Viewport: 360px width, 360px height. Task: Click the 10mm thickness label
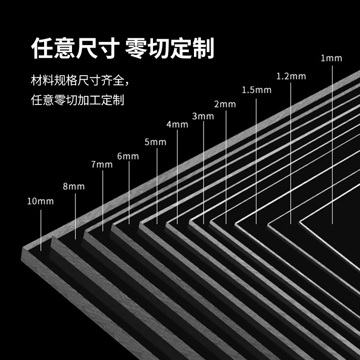[40, 201]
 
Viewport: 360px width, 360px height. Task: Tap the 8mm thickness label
[74, 186]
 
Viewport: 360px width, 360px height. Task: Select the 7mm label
[102, 165]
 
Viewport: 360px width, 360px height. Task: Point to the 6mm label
[128, 156]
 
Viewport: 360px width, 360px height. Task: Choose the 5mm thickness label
[156, 142]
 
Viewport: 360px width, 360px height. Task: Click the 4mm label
[177, 125]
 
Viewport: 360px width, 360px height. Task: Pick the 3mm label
[203, 116]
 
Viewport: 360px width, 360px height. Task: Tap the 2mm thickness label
[225, 104]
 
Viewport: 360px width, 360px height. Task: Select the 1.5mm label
[256, 90]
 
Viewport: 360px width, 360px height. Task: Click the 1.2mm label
[291, 76]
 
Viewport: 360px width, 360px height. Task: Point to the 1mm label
[332, 58]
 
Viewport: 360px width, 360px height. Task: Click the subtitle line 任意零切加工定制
[77, 99]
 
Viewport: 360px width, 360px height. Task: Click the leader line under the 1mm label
[332, 144]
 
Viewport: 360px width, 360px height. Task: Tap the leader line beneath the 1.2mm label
[291, 153]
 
